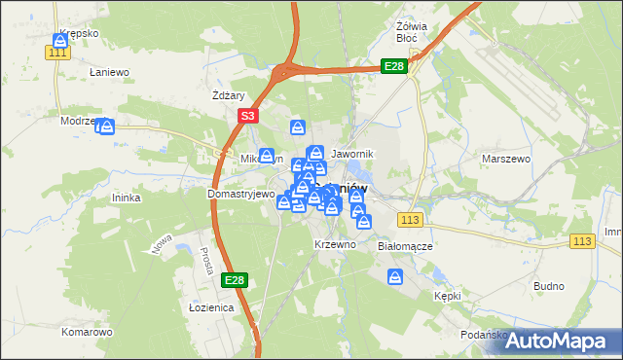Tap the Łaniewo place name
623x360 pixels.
(x=109, y=72)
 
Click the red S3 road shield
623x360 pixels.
(x=247, y=116)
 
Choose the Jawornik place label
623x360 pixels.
(x=352, y=155)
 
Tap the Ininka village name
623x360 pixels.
(x=128, y=198)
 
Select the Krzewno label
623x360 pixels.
(x=335, y=244)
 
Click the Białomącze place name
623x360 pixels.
(x=404, y=246)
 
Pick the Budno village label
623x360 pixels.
(x=549, y=286)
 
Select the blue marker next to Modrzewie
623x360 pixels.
(x=107, y=126)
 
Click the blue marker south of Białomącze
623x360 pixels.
(x=395, y=278)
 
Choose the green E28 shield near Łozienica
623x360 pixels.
(x=234, y=280)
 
